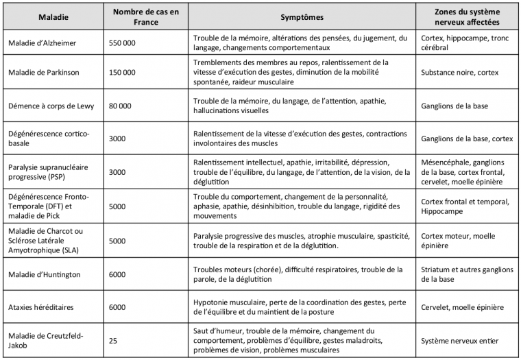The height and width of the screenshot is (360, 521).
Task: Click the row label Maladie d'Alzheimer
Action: pos(43,43)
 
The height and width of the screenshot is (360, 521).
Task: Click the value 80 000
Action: pos(121,106)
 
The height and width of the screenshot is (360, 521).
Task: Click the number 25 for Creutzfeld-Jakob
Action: pos(114,341)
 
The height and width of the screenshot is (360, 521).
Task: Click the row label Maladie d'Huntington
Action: pos(43,274)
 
